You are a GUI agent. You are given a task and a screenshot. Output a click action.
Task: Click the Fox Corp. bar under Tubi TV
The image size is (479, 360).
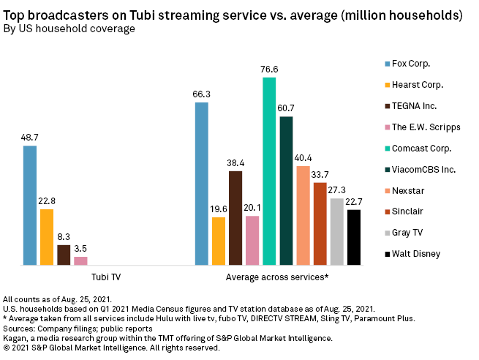[x=30, y=205]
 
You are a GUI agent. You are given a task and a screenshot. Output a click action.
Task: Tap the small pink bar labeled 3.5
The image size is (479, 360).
[x=80, y=260]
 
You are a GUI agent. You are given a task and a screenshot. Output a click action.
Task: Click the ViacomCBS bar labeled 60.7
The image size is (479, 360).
[x=286, y=190]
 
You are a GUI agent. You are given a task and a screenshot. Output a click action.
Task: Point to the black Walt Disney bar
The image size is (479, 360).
[x=354, y=237]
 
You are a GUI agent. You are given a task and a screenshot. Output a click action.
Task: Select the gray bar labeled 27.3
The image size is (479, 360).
[x=336, y=231]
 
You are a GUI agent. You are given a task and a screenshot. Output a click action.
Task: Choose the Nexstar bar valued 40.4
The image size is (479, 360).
[x=303, y=215]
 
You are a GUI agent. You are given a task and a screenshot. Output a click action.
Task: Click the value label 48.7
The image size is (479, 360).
[x=30, y=138]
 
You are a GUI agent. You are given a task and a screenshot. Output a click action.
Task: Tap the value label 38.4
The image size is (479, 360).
[x=235, y=162]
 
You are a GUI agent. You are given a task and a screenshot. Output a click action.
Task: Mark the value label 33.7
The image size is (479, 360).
[x=320, y=174]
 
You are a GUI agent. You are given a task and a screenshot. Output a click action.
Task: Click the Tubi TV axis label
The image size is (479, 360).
[x=106, y=277]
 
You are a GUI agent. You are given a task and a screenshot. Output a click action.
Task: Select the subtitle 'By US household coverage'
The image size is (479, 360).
[x=69, y=29]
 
